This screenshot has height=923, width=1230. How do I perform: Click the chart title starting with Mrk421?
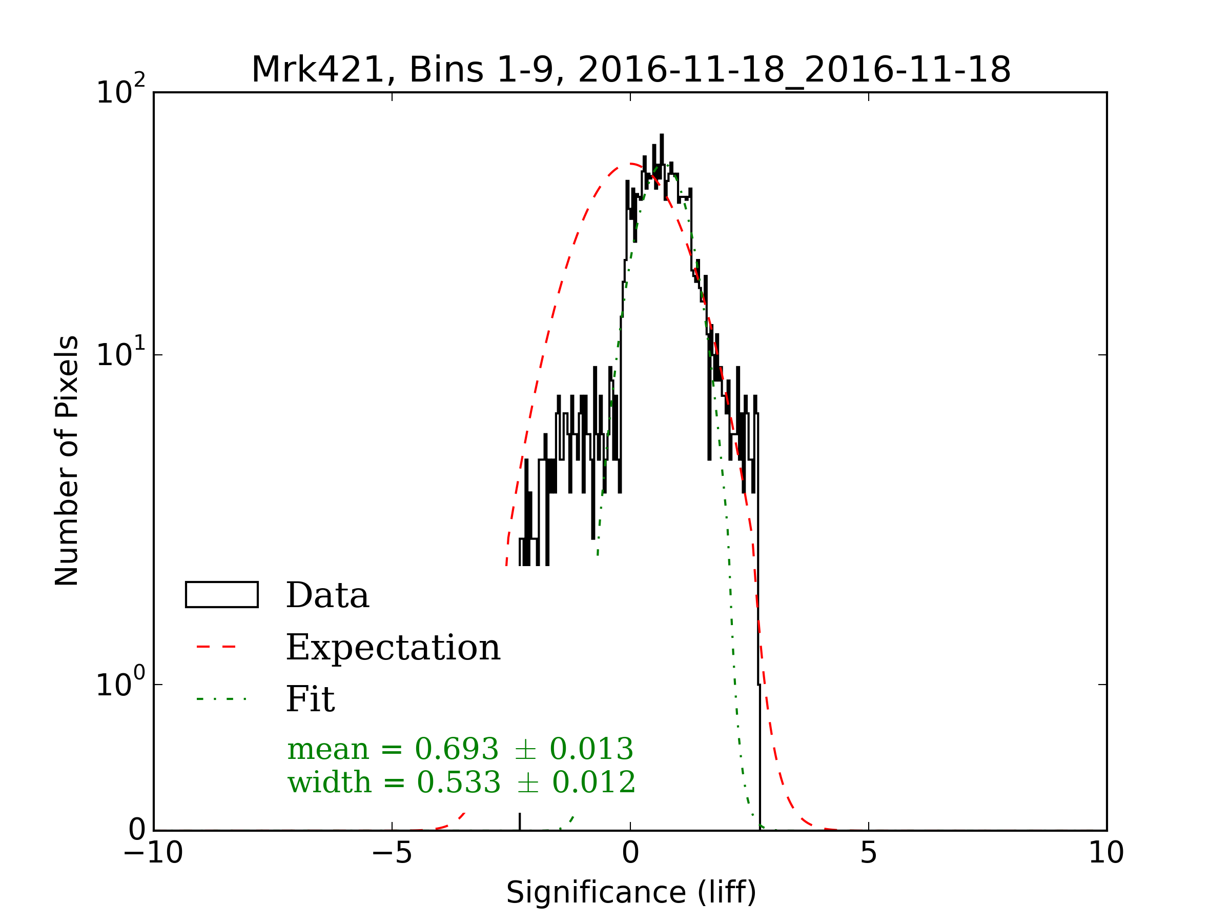630,70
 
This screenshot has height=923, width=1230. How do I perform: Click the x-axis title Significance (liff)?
630,892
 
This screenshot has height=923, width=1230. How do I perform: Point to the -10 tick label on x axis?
153,853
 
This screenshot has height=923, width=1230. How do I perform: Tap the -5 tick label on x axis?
392,853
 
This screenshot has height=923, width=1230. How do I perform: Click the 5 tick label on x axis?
868,853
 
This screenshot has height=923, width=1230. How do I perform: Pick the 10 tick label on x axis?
1105,853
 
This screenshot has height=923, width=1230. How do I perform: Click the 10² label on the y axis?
120,91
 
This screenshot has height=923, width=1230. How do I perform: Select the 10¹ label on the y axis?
120,354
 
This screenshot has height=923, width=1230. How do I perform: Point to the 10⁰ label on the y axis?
120,684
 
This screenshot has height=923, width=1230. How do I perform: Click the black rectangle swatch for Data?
221,595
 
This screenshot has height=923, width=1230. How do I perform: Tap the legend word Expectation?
393,648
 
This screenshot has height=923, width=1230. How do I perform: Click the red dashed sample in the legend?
217,647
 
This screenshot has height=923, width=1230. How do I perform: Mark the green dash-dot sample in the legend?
221,699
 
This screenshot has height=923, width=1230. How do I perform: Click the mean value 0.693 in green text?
457,749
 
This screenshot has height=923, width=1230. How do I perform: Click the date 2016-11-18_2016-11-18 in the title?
794,70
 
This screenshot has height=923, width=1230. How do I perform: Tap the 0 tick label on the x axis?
630,853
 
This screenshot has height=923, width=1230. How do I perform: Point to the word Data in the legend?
327,596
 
